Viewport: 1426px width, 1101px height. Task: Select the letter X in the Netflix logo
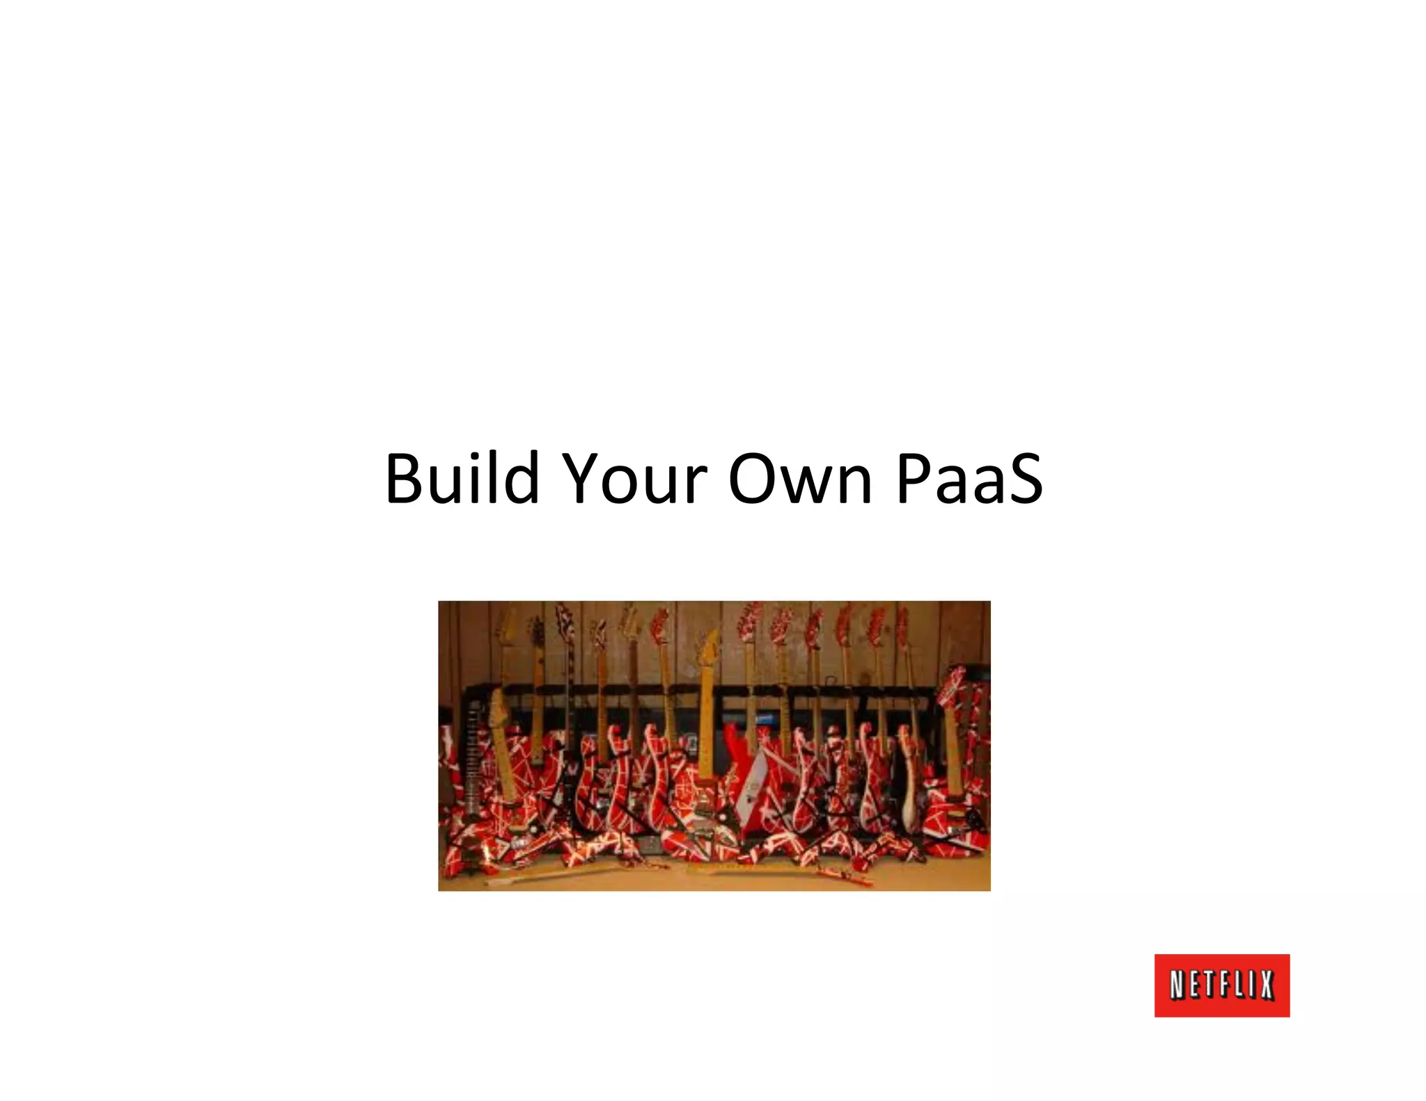pos(1265,986)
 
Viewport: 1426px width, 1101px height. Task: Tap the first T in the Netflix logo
pos(1209,986)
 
